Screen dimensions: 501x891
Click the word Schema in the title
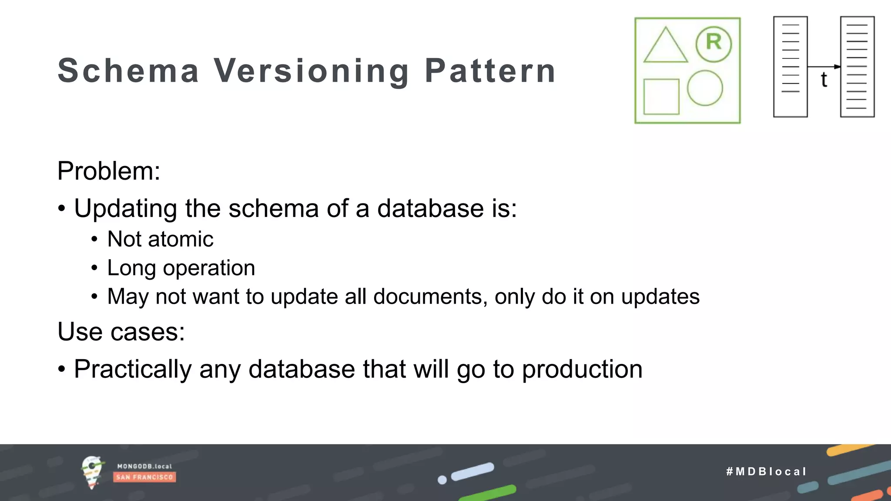pyautogui.click(x=128, y=70)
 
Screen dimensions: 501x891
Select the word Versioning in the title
pyautogui.click(x=311, y=71)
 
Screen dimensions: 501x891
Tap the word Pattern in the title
pyautogui.click(x=490, y=70)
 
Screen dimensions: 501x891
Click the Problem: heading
pyautogui.click(x=109, y=170)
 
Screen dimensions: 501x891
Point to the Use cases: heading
pyautogui.click(x=121, y=331)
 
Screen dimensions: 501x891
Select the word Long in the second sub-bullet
pyautogui.click(x=131, y=268)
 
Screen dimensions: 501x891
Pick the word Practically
pyautogui.click(x=133, y=370)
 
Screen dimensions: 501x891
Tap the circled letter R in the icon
pyautogui.click(x=713, y=43)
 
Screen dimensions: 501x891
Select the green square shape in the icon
pyautogui.click(x=661, y=97)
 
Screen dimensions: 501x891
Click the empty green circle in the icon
pyautogui.click(x=705, y=88)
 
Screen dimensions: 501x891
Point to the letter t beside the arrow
pyautogui.click(x=824, y=80)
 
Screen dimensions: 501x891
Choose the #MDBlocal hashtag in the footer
pyautogui.click(x=766, y=471)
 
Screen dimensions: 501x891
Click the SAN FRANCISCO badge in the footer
pyautogui.click(x=144, y=477)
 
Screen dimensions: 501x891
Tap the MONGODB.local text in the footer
pyautogui.click(x=144, y=466)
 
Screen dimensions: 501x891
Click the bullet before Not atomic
pyautogui.click(x=94, y=239)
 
